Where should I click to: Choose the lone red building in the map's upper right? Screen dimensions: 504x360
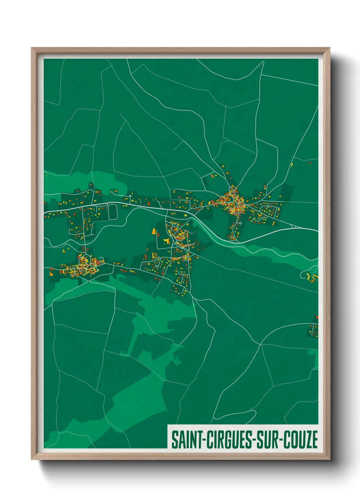point(310,163)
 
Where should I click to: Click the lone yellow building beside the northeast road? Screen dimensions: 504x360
point(292,164)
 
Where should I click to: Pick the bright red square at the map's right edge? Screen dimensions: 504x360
point(317,317)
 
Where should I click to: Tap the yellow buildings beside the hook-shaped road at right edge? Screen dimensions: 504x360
point(312,277)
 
